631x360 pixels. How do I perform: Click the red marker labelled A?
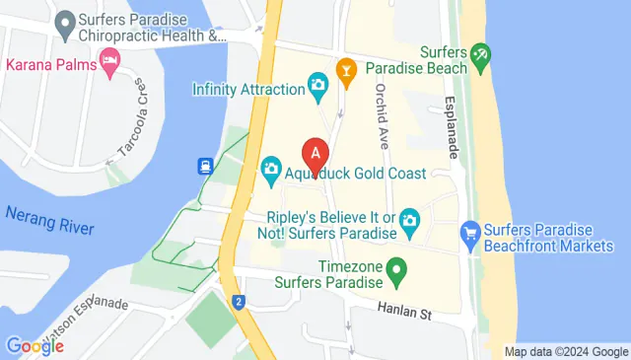pos(315,156)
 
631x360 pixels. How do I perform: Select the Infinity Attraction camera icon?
pos(318,86)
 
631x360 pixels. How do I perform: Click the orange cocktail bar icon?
pos(346,69)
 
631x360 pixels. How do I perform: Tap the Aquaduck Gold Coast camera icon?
pos(271,173)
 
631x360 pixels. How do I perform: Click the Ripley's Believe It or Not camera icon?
pos(409,218)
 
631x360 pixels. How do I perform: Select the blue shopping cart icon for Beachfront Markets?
pos(470,235)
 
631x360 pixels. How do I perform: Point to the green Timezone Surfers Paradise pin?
pos(396,267)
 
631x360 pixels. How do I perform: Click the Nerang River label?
pos(49,221)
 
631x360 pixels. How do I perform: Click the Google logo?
pos(35,346)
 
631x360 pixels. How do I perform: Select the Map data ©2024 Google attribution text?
pos(565,351)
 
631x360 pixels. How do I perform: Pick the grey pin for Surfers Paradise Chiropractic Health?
pos(66,21)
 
